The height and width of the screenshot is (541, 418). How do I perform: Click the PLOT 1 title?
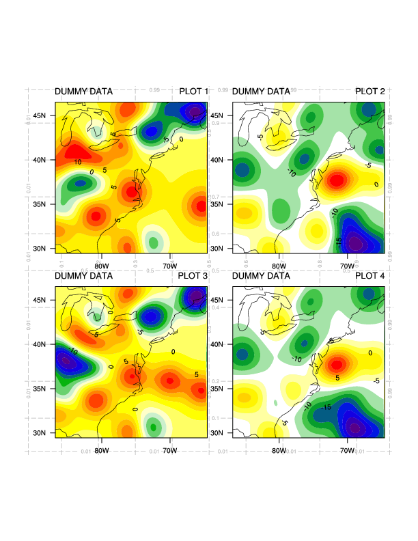tap(193, 92)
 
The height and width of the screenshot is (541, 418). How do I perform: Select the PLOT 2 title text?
tap(370, 92)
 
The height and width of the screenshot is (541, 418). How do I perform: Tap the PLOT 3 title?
tap(193, 276)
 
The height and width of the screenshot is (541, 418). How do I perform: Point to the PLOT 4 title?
tap(370, 276)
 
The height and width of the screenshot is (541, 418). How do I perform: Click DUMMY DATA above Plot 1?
tap(83, 92)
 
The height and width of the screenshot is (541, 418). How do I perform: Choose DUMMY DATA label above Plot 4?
tap(261, 276)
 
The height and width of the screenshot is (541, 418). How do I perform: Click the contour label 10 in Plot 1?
tap(78, 162)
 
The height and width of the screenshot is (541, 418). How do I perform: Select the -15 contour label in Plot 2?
tap(337, 240)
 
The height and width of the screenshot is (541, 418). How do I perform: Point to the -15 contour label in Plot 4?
tap(326, 407)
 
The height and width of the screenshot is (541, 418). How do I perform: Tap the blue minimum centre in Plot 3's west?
tap(66, 360)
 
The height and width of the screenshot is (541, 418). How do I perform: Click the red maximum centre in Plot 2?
tap(337, 181)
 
